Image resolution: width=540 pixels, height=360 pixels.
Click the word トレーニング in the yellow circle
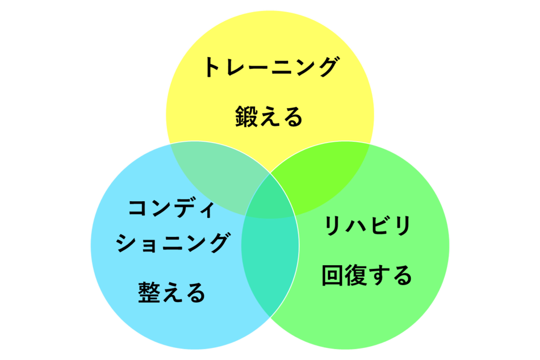click(x=271, y=67)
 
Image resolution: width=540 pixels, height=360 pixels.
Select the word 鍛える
click(x=269, y=117)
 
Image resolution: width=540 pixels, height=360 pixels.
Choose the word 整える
click(x=171, y=292)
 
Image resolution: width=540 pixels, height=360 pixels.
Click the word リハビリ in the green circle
click(x=368, y=225)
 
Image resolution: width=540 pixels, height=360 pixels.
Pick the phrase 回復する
click(x=367, y=275)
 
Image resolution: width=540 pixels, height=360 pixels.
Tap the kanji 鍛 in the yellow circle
click(x=246, y=117)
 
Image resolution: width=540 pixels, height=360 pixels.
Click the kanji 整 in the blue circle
click(x=149, y=292)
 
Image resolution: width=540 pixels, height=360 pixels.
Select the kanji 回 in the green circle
click(x=332, y=275)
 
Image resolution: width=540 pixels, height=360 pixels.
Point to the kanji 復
click(x=355, y=275)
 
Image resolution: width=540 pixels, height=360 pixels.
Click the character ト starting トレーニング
click(x=213, y=67)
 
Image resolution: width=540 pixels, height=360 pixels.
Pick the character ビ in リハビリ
click(x=378, y=225)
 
